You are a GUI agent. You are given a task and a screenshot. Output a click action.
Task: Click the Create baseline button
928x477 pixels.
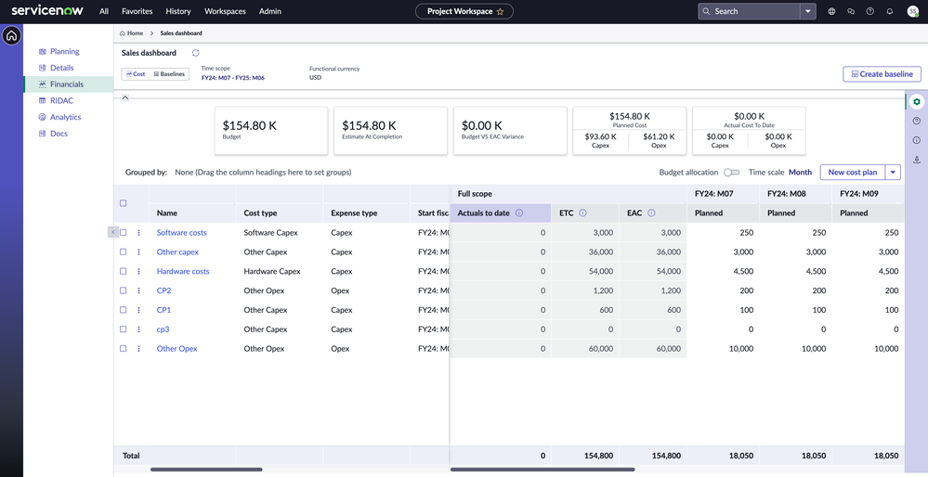pyautogui.click(x=882, y=74)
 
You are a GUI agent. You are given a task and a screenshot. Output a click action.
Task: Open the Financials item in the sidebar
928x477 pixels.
pyautogui.click(x=66, y=84)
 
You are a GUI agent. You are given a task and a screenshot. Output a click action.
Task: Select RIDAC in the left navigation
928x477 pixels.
pyautogui.click(x=61, y=100)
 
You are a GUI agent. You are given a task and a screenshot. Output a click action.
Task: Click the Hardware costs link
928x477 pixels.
pyautogui.click(x=183, y=272)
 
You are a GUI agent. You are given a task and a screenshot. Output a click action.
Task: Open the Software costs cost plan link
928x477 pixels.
pyautogui.click(x=181, y=233)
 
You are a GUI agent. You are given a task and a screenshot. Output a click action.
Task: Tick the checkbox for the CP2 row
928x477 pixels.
pyautogui.click(x=123, y=290)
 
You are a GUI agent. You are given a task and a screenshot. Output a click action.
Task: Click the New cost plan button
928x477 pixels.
pyautogui.click(x=852, y=173)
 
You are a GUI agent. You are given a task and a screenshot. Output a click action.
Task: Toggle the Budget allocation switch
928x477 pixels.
pyautogui.click(x=731, y=173)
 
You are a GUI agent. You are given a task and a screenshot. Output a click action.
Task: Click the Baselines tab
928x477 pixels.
pyautogui.click(x=169, y=74)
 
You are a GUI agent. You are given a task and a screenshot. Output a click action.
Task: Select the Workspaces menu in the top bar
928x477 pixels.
pyautogui.click(x=225, y=11)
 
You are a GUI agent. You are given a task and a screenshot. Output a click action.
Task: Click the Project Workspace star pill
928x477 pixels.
pyautogui.click(x=464, y=11)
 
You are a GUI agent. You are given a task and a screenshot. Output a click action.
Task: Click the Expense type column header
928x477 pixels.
pyautogui.click(x=354, y=213)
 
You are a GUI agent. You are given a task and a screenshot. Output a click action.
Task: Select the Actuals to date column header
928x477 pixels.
pyautogui.click(x=483, y=213)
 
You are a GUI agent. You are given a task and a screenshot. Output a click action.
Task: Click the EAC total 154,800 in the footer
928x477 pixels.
pyautogui.click(x=666, y=456)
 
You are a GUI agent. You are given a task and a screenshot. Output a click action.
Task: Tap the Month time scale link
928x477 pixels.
pyautogui.click(x=800, y=173)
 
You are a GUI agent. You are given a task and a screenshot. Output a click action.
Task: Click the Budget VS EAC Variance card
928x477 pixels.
pyautogui.click(x=509, y=130)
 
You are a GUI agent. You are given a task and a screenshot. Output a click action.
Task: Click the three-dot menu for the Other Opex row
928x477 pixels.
pyautogui.click(x=139, y=349)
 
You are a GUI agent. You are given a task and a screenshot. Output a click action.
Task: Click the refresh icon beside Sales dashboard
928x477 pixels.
pyautogui.click(x=196, y=53)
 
